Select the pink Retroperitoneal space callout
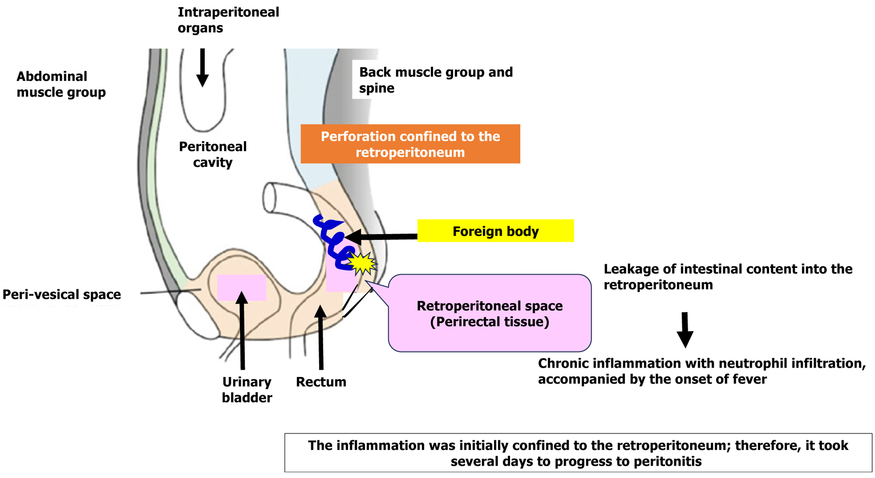tap(490, 313)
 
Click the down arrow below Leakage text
tap(685, 330)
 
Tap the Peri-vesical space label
tap(61, 294)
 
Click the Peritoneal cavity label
tap(213, 154)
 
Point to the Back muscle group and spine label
tap(435, 80)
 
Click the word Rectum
tap(321, 382)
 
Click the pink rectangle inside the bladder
tap(241, 288)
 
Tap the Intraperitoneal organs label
tap(228, 20)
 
